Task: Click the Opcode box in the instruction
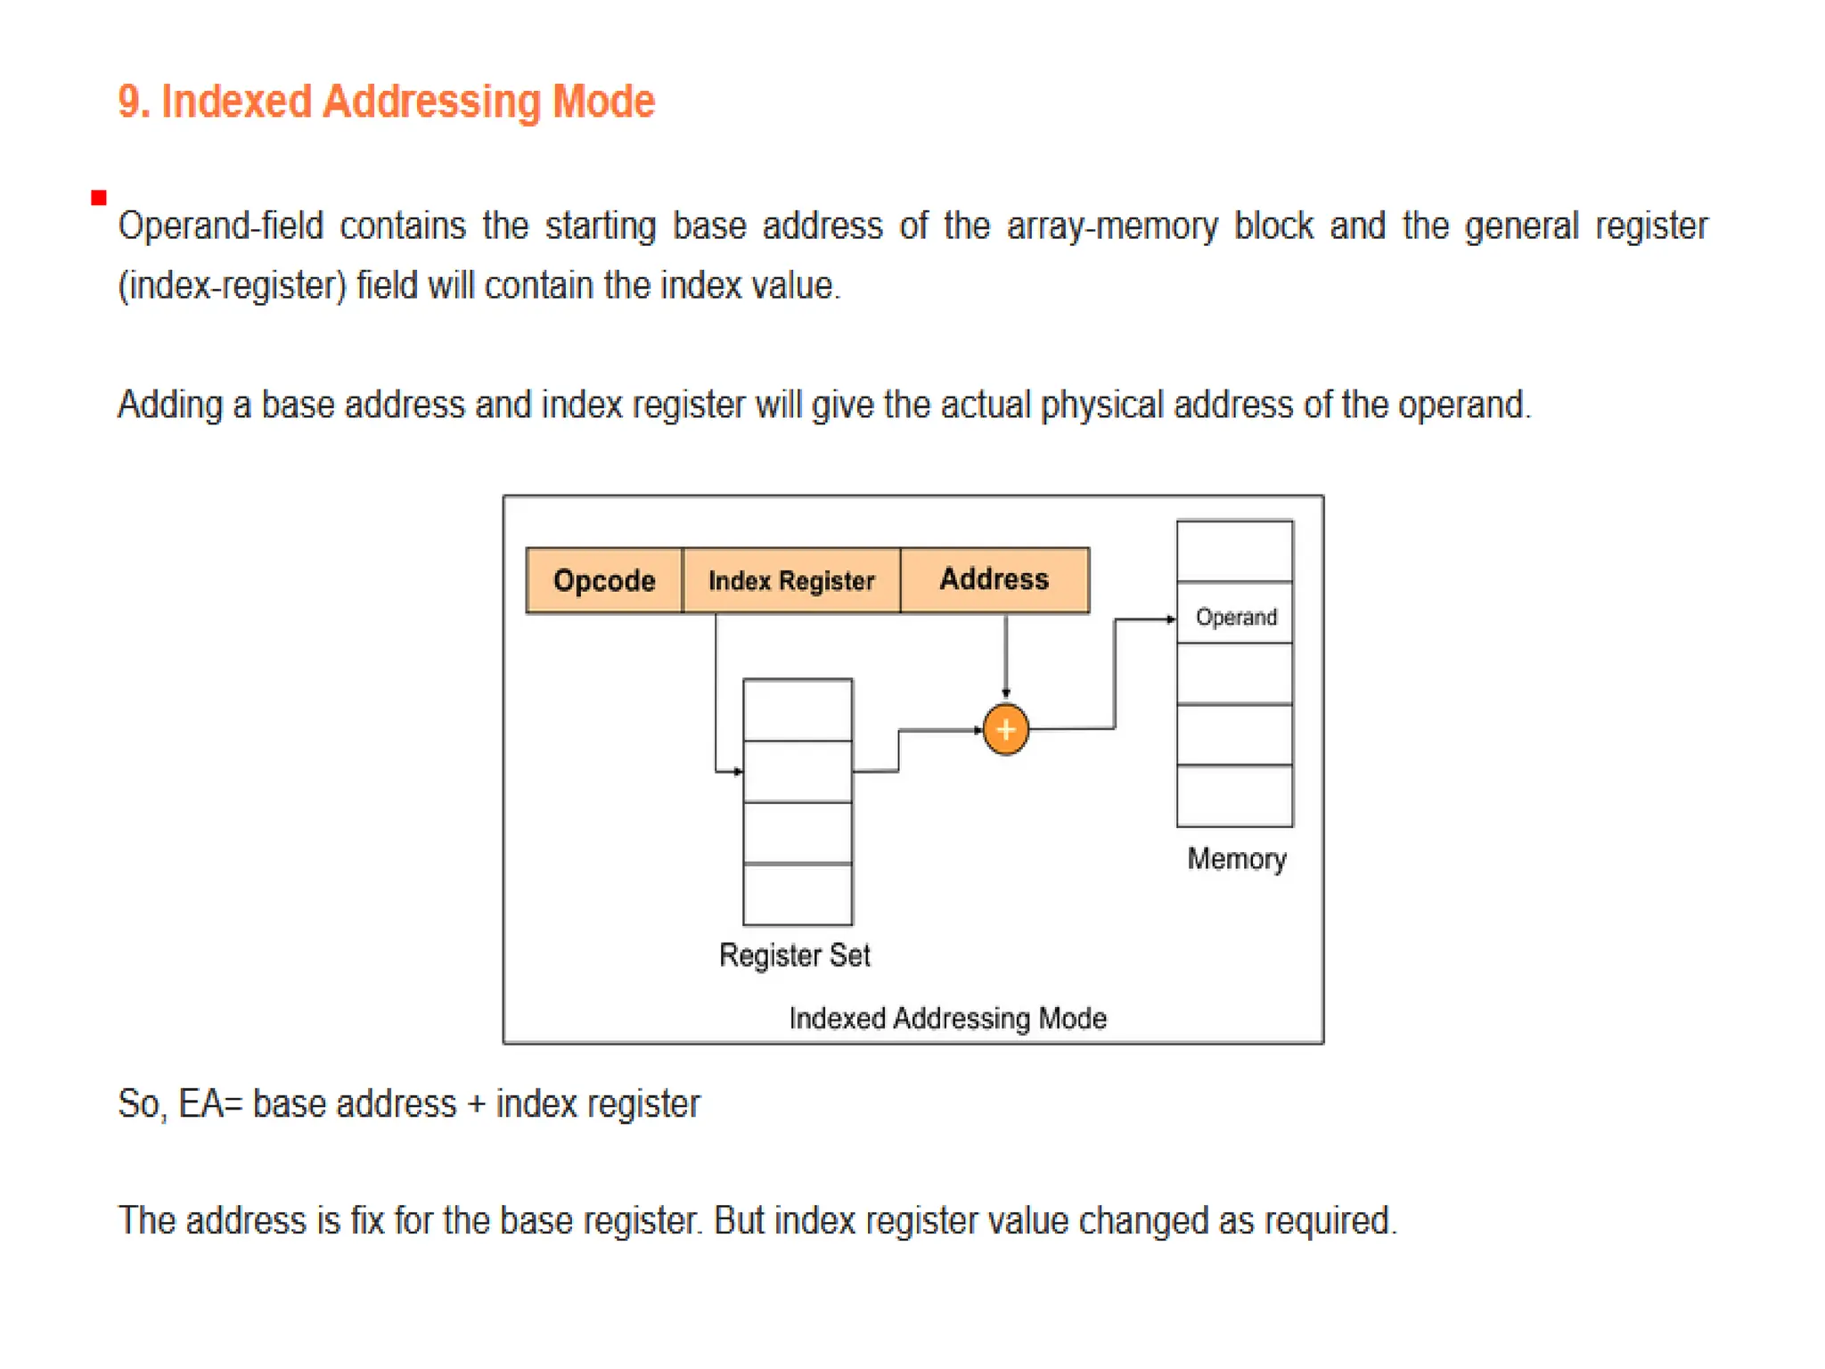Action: pos(604,580)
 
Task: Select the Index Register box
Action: pos(791,580)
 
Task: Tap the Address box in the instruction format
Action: pos(994,579)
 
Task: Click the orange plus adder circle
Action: pos(1006,730)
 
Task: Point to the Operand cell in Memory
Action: pos(1235,617)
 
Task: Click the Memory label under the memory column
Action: pos(1237,858)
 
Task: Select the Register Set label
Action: pos(794,955)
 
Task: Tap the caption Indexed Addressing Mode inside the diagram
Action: pos(947,1018)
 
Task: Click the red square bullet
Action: pos(99,198)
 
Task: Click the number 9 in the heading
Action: pos(129,102)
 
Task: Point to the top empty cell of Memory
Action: pos(1235,552)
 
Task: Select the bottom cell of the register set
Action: pos(798,895)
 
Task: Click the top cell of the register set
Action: pos(798,710)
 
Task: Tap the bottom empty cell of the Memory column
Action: pos(1235,796)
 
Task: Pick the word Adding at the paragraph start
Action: pos(169,406)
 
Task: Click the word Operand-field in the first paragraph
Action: pos(220,226)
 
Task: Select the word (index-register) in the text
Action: pos(232,286)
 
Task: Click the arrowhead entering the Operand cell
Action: pos(1171,619)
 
